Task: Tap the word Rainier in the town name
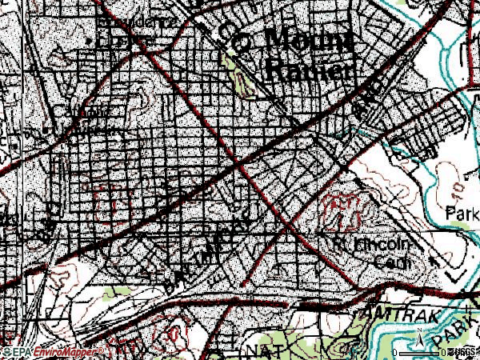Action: pyautogui.click(x=309, y=70)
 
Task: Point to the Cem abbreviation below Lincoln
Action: pyautogui.click(x=394, y=262)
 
